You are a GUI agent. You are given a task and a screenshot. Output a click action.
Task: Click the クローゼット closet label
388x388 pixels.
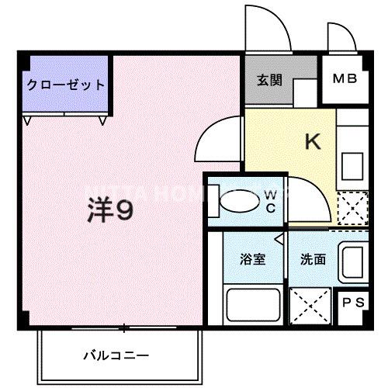coord(66,85)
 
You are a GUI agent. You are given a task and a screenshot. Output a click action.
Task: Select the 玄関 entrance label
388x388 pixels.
coord(268,80)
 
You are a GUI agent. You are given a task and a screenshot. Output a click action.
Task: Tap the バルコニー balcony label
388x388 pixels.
coord(116,356)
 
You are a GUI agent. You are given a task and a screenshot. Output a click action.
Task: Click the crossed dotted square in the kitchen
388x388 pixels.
coord(354,208)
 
